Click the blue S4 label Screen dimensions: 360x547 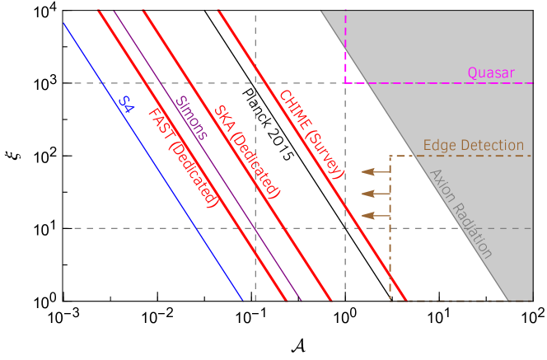pos(125,105)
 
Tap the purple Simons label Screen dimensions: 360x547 pos(191,119)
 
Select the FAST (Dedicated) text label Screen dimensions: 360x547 pos(183,158)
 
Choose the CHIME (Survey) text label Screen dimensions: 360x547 pos(310,133)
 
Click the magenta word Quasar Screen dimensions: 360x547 pos(490,72)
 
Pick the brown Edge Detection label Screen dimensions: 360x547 pos(473,146)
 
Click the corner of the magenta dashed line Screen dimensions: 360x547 pos(345,82)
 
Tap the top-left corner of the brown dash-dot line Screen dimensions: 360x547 pos(390,156)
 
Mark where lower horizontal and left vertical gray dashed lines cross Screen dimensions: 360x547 pos(255,228)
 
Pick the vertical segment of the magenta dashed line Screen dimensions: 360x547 pos(345,45)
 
